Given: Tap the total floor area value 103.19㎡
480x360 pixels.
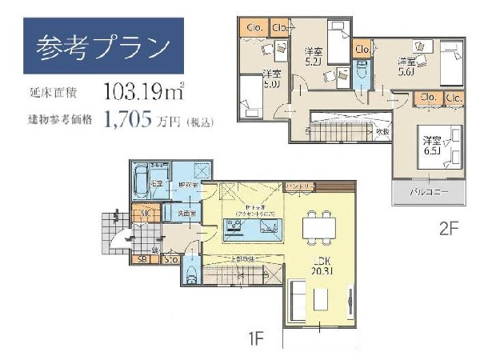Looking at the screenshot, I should (143, 90).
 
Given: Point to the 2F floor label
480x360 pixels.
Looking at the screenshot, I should (448, 228).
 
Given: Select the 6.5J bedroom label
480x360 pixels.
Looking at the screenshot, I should (433, 145).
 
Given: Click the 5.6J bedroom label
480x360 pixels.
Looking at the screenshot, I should (406, 66).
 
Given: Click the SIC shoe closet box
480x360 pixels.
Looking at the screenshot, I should (146, 214).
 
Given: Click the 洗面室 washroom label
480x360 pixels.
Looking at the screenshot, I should (176, 214).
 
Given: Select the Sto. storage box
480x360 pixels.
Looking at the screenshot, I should (170, 258).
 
